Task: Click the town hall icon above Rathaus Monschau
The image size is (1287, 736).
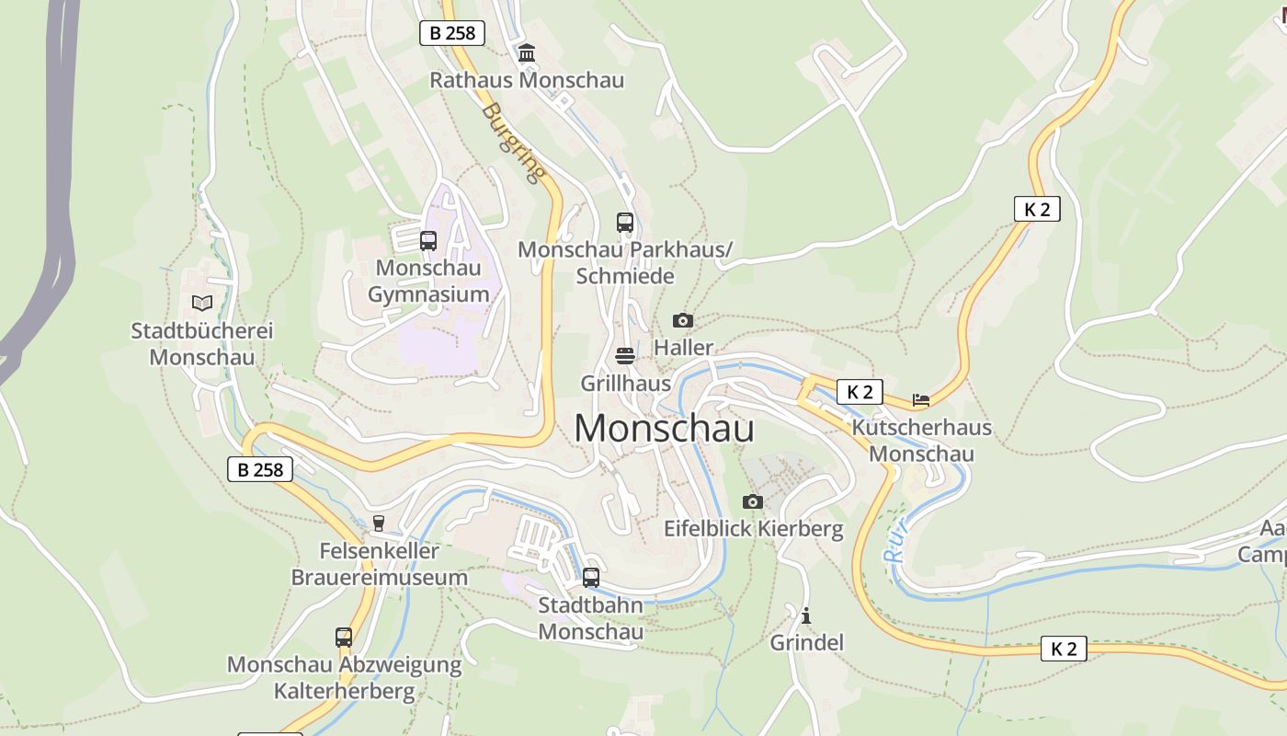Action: point(527,53)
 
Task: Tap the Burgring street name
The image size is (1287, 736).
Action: point(513,142)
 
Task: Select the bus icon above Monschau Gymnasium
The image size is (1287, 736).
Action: point(428,241)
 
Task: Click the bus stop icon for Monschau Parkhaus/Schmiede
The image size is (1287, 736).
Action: point(625,222)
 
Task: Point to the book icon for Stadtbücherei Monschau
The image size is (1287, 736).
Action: point(202,303)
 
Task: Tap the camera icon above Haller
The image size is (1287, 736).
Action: point(682,320)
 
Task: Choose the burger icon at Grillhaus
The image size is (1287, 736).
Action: point(625,355)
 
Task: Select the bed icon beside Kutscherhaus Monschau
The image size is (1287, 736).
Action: point(921,399)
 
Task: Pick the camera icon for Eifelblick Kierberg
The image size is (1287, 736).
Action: point(753,501)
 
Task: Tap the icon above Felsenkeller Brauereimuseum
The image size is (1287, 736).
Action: point(378,523)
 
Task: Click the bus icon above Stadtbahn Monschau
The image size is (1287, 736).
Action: point(591,578)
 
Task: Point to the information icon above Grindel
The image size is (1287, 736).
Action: point(806,615)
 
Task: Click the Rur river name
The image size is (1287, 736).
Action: point(896,541)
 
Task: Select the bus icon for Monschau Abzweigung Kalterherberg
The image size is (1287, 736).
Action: point(344,637)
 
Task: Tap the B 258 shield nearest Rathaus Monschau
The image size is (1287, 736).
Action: point(452,33)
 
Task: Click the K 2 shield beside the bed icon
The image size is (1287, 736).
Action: point(860,392)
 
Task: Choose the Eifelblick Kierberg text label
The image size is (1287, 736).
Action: point(753,529)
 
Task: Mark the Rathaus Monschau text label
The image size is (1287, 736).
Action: point(527,80)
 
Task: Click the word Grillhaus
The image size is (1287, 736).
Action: point(625,382)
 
